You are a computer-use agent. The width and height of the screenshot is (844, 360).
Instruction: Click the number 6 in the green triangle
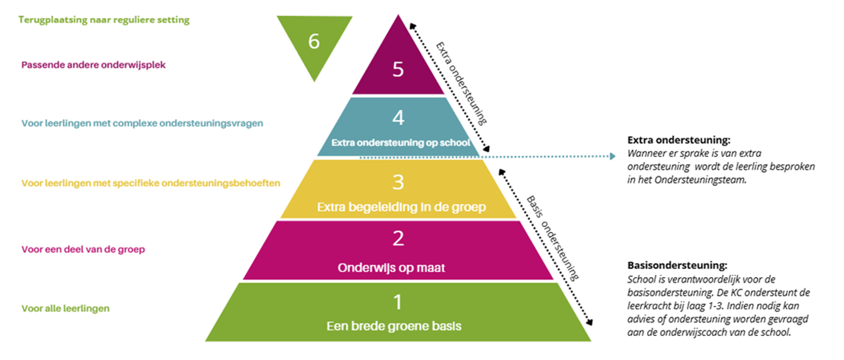pyautogui.click(x=314, y=41)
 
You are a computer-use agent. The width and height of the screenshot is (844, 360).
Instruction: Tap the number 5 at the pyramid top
pyautogui.click(x=399, y=70)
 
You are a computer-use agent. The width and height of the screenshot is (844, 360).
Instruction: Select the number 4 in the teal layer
pyautogui.click(x=398, y=118)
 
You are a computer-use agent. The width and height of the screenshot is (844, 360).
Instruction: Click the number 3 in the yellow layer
pyautogui.click(x=398, y=182)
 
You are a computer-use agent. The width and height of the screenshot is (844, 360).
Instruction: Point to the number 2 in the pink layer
pyautogui.click(x=398, y=238)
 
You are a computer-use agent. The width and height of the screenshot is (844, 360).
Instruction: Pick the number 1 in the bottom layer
pyautogui.click(x=398, y=302)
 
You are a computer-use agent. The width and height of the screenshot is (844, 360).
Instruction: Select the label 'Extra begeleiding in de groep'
pyautogui.click(x=398, y=207)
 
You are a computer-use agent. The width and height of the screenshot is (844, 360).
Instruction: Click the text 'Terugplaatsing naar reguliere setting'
pyautogui.click(x=104, y=20)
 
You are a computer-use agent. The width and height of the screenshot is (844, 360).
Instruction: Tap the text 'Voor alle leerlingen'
pyautogui.click(x=65, y=308)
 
